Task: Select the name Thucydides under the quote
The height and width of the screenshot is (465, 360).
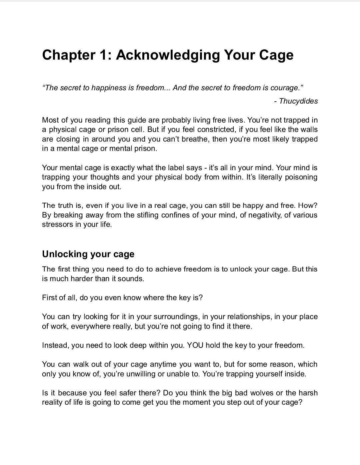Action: click(x=298, y=101)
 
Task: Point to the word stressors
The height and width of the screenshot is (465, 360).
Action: click(x=56, y=224)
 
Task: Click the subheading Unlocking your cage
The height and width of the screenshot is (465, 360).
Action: click(x=88, y=254)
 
